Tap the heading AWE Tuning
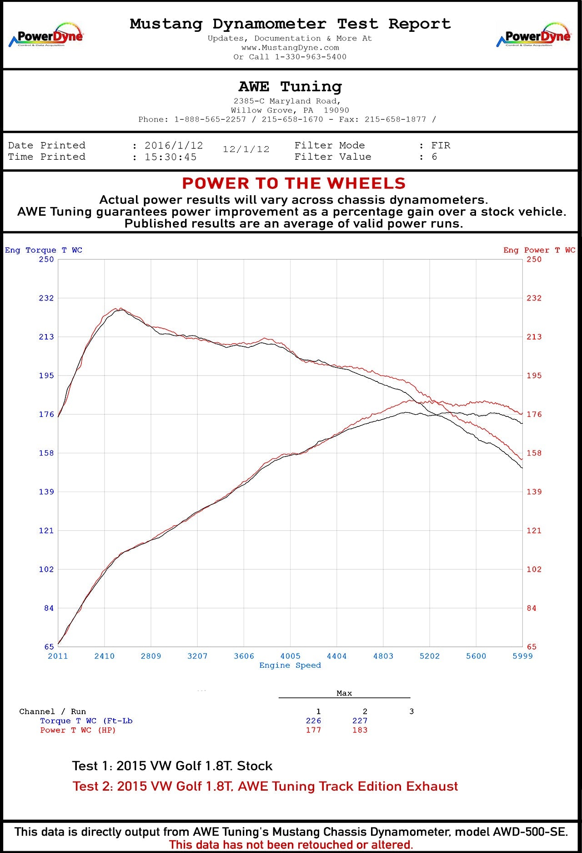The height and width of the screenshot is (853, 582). pos(290,86)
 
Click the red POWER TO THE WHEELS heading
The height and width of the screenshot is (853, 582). pos(294,183)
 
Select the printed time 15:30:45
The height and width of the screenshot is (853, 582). pos(171,157)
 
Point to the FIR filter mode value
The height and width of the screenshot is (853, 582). pos(441,146)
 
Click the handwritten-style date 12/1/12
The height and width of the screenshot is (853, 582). pos(246,149)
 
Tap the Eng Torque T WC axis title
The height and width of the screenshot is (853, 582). pos(44,250)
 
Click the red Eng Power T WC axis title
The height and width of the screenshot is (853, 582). pos(539,250)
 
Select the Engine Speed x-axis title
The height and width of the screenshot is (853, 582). pos(290,665)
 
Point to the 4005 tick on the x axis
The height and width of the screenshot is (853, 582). pos(290,656)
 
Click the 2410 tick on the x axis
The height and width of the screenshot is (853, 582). pos(104,656)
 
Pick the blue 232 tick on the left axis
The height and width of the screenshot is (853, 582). pos(46,298)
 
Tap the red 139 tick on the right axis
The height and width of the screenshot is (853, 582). pos(534,492)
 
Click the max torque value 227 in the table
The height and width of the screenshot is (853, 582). pos(360,721)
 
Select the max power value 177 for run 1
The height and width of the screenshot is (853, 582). pos(313,730)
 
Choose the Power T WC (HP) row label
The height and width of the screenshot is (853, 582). pos(78,730)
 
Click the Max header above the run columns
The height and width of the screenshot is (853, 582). pos(344,693)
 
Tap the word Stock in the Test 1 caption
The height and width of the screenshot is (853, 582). pos(255,766)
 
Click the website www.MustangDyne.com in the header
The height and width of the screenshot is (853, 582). pos(290,48)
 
